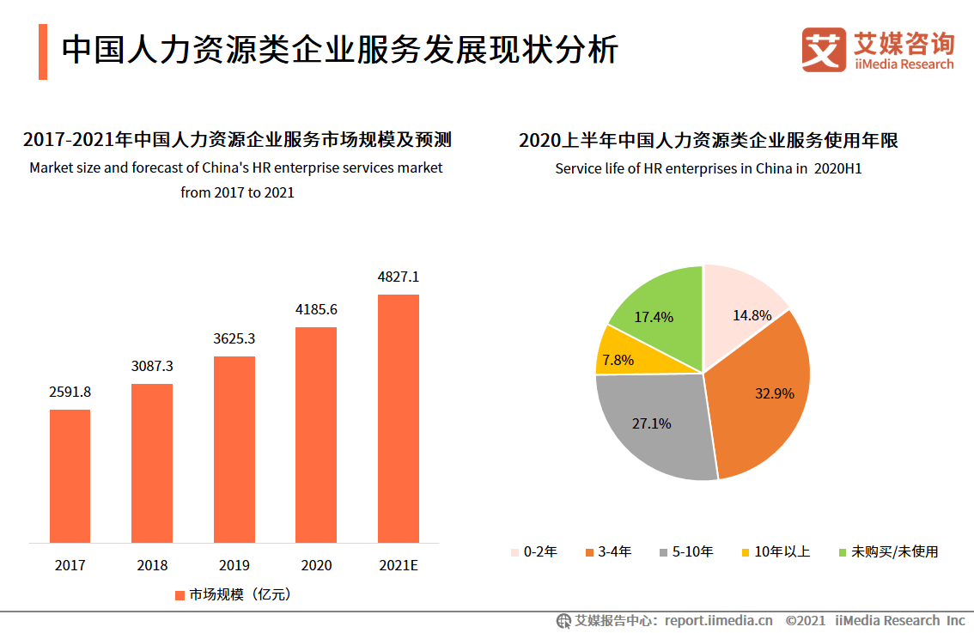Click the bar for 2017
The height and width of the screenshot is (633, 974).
pos(70,476)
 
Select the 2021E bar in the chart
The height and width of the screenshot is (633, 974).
pos(399,418)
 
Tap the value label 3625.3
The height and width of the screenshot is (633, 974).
pos(234,338)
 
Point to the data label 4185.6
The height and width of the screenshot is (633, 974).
pos(316,309)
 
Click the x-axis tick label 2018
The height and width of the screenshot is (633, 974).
pos(152,565)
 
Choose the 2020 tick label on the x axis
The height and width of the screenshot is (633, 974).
pos(316,565)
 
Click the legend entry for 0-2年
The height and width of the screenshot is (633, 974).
pos(533,551)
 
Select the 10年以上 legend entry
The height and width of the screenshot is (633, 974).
pos(776,551)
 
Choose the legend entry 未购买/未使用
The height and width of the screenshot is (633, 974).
pos(888,551)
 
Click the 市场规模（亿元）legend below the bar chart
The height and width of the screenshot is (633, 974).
pos(233,595)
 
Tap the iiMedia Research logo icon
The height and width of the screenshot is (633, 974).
pos(824,50)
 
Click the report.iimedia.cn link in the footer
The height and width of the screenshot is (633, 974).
pos(719,621)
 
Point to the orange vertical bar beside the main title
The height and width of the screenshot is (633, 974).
pos(43,52)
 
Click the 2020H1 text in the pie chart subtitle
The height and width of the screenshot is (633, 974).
pos(838,169)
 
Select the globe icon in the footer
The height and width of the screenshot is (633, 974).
pos(563,621)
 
